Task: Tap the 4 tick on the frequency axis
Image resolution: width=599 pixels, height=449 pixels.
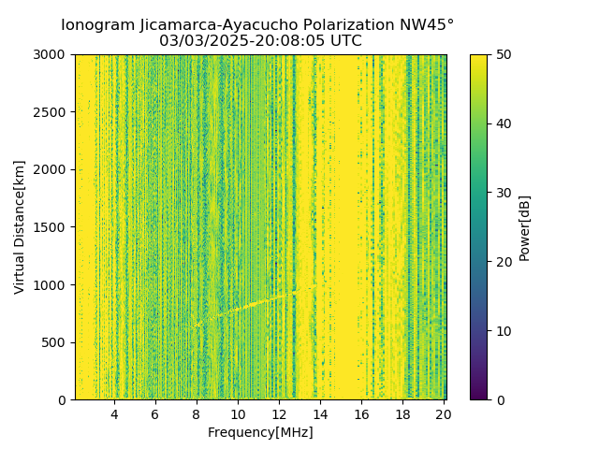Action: click(114, 414)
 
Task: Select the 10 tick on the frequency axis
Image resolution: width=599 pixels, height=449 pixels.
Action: click(238, 414)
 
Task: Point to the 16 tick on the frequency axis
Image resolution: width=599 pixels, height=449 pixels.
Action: click(361, 414)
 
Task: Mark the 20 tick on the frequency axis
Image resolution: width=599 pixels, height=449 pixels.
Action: click(444, 414)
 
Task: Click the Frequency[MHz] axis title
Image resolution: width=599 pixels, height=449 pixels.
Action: click(260, 432)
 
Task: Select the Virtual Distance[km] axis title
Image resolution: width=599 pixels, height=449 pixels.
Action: click(20, 227)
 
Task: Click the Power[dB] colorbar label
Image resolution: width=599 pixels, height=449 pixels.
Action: click(525, 227)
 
